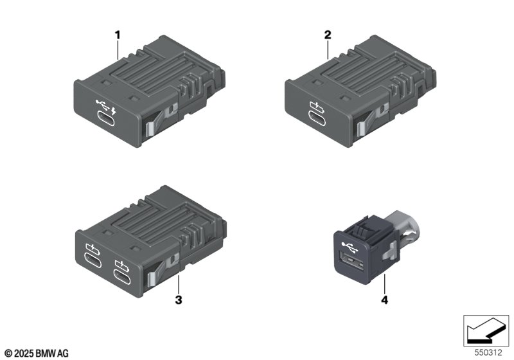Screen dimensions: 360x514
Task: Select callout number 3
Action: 179,300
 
